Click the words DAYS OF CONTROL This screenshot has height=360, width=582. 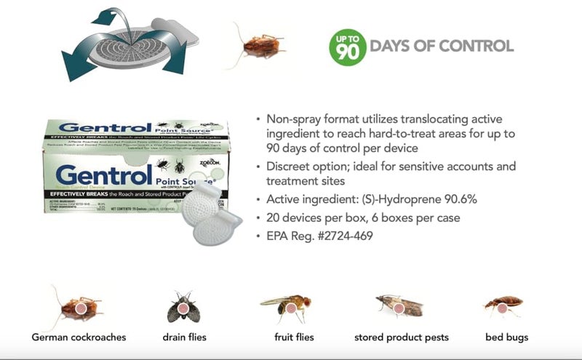point(442,47)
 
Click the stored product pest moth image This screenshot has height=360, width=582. point(399,307)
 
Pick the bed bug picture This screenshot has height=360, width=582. point(503,305)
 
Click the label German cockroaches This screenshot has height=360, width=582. point(79,337)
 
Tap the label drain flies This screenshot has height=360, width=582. point(184,337)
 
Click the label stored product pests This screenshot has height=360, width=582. point(401,337)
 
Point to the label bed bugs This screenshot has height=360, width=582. point(506,337)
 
